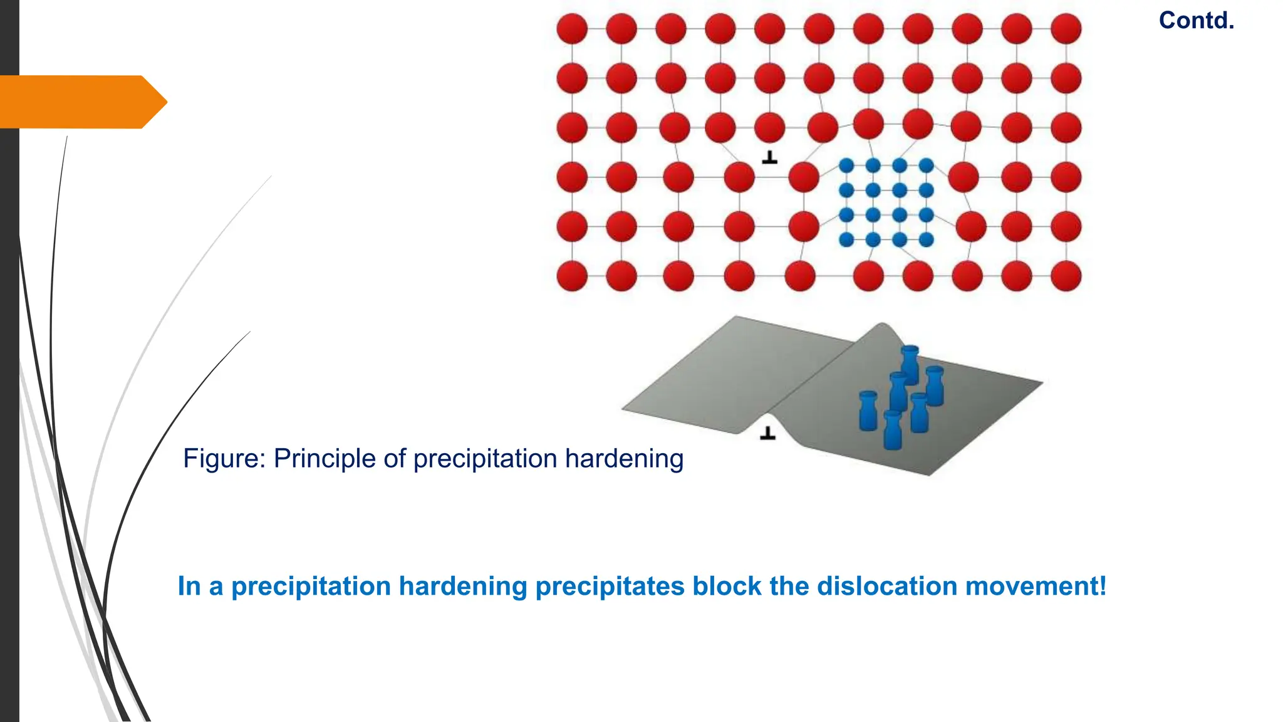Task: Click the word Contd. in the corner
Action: click(x=1196, y=21)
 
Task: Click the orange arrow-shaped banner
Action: click(x=81, y=102)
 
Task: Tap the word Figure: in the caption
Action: click(x=224, y=459)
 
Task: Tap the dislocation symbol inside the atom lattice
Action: click(x=769, y=157)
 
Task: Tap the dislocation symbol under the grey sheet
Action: click(x=767, y=433)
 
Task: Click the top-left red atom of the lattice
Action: click(x=572, y=29)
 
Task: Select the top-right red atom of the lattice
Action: click(x=1066, y=29)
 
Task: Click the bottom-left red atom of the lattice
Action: click(x=572, y=276)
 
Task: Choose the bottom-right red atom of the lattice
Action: click(x=1066, y=276)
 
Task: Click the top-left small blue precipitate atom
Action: click(x=846, y=166)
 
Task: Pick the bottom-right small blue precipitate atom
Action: click(x=927, y=239)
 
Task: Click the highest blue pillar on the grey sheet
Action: click(x=910, y=364)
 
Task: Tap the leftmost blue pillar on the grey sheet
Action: click(x=868, y=411)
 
